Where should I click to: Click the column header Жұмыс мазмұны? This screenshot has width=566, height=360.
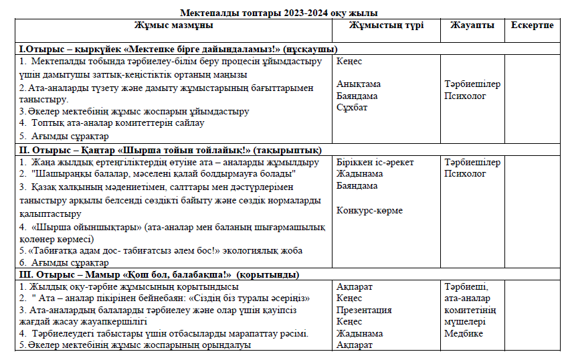point(173,25)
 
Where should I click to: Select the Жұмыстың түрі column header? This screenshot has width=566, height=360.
point(384,25)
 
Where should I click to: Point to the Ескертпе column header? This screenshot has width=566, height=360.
point(532,25)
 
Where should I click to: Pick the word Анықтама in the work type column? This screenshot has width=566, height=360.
point(359,84)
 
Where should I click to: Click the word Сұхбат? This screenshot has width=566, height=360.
point(352,108)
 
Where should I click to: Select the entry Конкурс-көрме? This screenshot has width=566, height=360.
point(369,210)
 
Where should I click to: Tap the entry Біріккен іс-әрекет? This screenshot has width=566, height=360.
point(375,163)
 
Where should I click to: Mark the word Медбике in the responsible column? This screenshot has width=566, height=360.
point(463,334)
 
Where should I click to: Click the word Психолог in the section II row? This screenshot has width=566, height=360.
point(465,174)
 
